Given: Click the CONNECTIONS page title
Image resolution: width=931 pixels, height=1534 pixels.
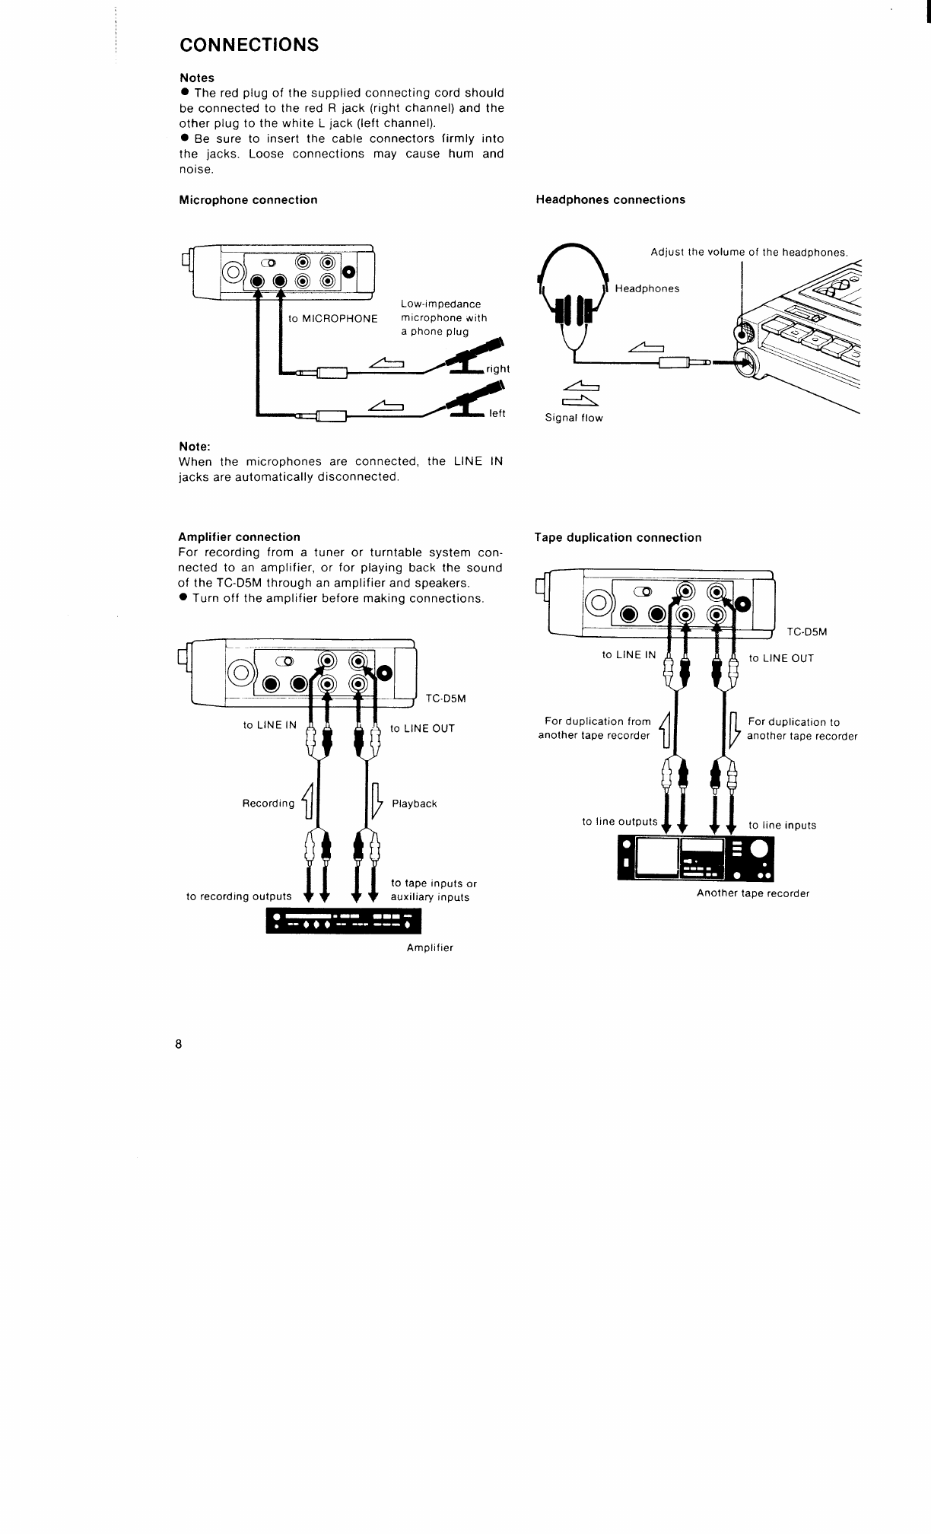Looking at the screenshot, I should click(249, 45).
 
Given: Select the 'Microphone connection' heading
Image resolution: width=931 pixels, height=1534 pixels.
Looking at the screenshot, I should click(248, 200).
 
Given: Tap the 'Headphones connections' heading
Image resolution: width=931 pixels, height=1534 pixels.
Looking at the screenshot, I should click(610, 200).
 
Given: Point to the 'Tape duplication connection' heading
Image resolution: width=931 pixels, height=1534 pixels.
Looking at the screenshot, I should click(618, 538).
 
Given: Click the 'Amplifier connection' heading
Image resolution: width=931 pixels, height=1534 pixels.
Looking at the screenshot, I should click(239, 537).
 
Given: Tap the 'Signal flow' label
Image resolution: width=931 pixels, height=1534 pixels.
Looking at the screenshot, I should click(574, 419).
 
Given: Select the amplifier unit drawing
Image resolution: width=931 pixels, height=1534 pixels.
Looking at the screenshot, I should click(343, 921).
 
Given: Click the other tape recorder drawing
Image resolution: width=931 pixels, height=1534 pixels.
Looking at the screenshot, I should click(695, 858).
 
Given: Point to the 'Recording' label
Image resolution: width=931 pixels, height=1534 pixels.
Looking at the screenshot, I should click(268, 804).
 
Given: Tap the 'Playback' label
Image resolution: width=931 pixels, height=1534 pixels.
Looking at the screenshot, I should click(415, 804).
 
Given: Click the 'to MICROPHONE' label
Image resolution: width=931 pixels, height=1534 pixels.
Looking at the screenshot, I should click(333, 319).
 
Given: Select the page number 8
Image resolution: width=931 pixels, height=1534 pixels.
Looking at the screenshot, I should click(178, 1044).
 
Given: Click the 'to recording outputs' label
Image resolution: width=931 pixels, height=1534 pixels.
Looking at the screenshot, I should click(239, 897).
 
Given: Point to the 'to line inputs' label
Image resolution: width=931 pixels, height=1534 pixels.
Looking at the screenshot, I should click(783, 826).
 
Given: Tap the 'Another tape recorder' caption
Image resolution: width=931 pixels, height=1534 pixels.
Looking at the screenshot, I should click(753, 894).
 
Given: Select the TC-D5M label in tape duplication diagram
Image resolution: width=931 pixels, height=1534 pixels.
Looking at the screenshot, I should click(806, 632).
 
